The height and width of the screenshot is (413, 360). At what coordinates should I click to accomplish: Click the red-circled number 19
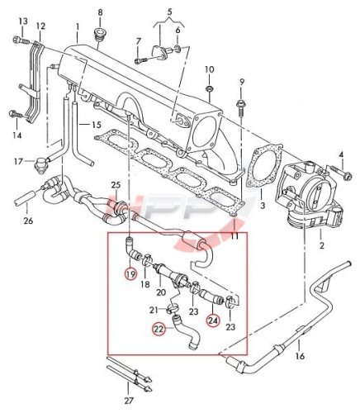tap(130, 273)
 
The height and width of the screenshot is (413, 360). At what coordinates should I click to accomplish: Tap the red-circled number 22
tap(159, 330)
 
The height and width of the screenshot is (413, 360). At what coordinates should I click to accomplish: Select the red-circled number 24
tap(214, 320)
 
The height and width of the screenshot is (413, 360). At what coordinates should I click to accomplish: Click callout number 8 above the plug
tap(100, 12)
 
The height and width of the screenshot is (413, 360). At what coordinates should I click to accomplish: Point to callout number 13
tap(23, 21)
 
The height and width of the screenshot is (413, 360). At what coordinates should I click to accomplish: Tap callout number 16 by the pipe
tap(301, 356)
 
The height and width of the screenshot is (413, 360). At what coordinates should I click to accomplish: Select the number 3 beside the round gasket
tap(263, 206)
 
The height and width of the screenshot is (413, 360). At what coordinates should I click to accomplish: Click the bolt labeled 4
tap(339, 171)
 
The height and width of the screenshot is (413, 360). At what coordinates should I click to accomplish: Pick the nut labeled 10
tap(210, 89)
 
